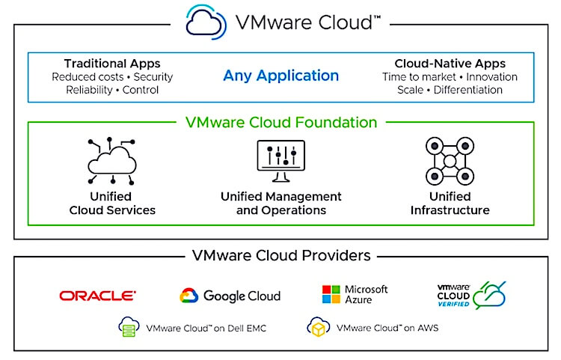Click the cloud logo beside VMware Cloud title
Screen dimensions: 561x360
pyautogui.click(x=206, y=22)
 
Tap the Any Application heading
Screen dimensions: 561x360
pyautogui.click(x=280, y=76)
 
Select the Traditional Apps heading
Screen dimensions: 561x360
pyautogui.click(x=112, y=64)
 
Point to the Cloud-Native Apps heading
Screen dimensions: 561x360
pyautogui.click(x=450, y=64)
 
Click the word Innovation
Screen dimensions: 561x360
pyautogui.click(x=491, y=77)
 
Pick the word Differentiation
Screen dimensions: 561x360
pyautogui.click(x=468, y=90)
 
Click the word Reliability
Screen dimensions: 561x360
pyautogui.click(x=89, y=90)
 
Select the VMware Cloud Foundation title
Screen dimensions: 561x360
pyautogui.click(x=281, y=123)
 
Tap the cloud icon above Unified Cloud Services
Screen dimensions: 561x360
pyautogui.click(x=112, y=161)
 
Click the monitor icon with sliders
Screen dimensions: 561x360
pyautogui.click(x=280, y=161)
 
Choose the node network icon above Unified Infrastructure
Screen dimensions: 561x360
pyautogui.click(x=450, y=161)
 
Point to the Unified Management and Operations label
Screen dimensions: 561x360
pyautogui.click(x=280, y=204)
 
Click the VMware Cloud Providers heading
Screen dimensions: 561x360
pyautogui.click(x=281, y=255)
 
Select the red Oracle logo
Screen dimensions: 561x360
pyautogui.click(x=98, y=296)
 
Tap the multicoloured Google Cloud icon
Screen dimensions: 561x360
pyautogui.click(x=189, y=296)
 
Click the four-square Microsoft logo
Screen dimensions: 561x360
pyautogui.click(x=331, y=294)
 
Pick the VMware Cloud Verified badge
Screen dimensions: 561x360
pyautogui.click(x=471, y=295)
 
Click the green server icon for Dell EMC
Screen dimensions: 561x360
pyautogui.click(x=129, y=327)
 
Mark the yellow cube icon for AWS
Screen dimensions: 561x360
pyautogui.click(x=318, y=327)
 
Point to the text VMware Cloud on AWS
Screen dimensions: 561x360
pyautogui.click(x=387, y=328)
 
